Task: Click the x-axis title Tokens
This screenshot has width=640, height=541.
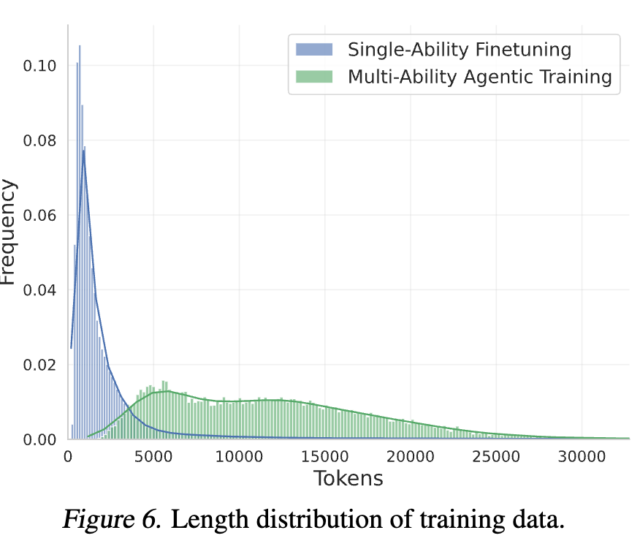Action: click(x=348, y=479)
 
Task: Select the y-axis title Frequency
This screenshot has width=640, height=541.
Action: click(x=9, y=232)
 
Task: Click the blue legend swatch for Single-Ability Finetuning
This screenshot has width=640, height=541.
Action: click(x=313, y=50)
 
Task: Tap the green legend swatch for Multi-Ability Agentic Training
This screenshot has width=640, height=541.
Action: click(x=313, y=77)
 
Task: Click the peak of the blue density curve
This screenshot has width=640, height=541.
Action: click(x=84, y=151)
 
